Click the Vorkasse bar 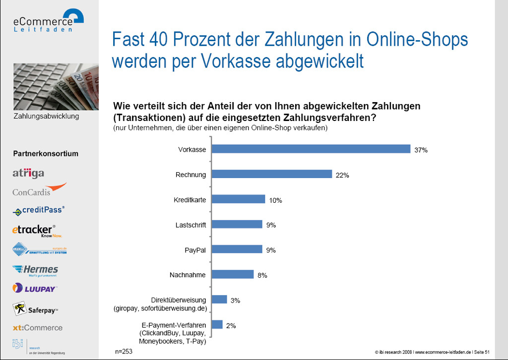click(311, 149)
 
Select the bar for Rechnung click(272, 174)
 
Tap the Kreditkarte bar click(239, 199)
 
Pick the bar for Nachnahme click(233, 274)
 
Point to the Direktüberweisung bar click(219, 300)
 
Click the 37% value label click(421, 150)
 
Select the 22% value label click(342, 175)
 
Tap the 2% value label click(231, 326)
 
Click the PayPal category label click(195, 250)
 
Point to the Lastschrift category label click(191, 225)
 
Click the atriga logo click(28, 174)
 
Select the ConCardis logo click(39, 190)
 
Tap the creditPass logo click(39, 210)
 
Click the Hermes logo click(35, 270)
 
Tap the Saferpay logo click(36, 309)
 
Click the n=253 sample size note click(124, 351)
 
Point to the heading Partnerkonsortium click(46, 154)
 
